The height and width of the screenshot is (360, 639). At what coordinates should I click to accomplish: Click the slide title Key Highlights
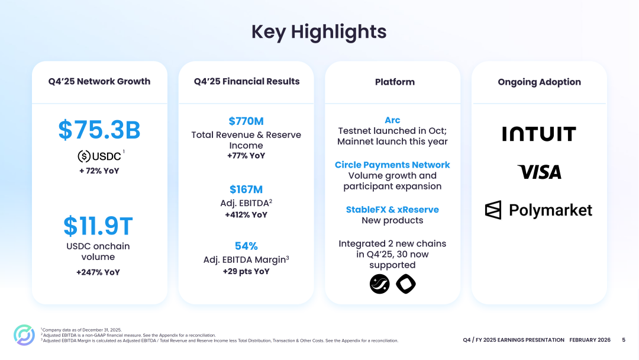coord(319,31)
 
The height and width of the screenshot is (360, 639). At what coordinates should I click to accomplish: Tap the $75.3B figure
coord(99,130)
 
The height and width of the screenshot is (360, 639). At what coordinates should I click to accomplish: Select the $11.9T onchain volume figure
coord(98,226)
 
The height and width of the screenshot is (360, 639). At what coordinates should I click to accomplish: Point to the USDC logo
coord(99,156)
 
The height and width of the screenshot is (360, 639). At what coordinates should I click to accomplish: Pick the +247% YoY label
coord(98,272)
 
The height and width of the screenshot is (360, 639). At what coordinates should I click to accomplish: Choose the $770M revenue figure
coord(246,121)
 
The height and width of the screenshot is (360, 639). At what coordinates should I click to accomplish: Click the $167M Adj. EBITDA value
coord(246,189)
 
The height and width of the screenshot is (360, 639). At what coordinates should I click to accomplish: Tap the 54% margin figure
coord(246,246)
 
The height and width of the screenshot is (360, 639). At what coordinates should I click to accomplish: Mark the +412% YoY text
coord(246,215)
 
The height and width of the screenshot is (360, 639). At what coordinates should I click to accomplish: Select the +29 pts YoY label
coord(246,271)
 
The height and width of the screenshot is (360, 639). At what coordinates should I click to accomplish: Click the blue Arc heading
coord(392,120)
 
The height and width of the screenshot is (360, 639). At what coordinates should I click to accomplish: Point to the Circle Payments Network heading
coord(392,165)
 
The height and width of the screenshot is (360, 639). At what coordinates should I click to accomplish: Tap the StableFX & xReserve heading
coord(392,210)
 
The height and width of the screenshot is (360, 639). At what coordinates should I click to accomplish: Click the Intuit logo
coord(539,134)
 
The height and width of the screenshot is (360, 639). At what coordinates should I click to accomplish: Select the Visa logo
coord(539,172)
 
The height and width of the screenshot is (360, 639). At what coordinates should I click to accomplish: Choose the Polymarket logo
coord(539,210)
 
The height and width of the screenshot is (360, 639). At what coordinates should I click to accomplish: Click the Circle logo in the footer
coord(24,335)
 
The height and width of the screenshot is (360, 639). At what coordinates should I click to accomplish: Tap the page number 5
coord(623,340)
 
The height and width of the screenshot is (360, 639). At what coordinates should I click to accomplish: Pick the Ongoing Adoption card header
coord(539,82)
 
